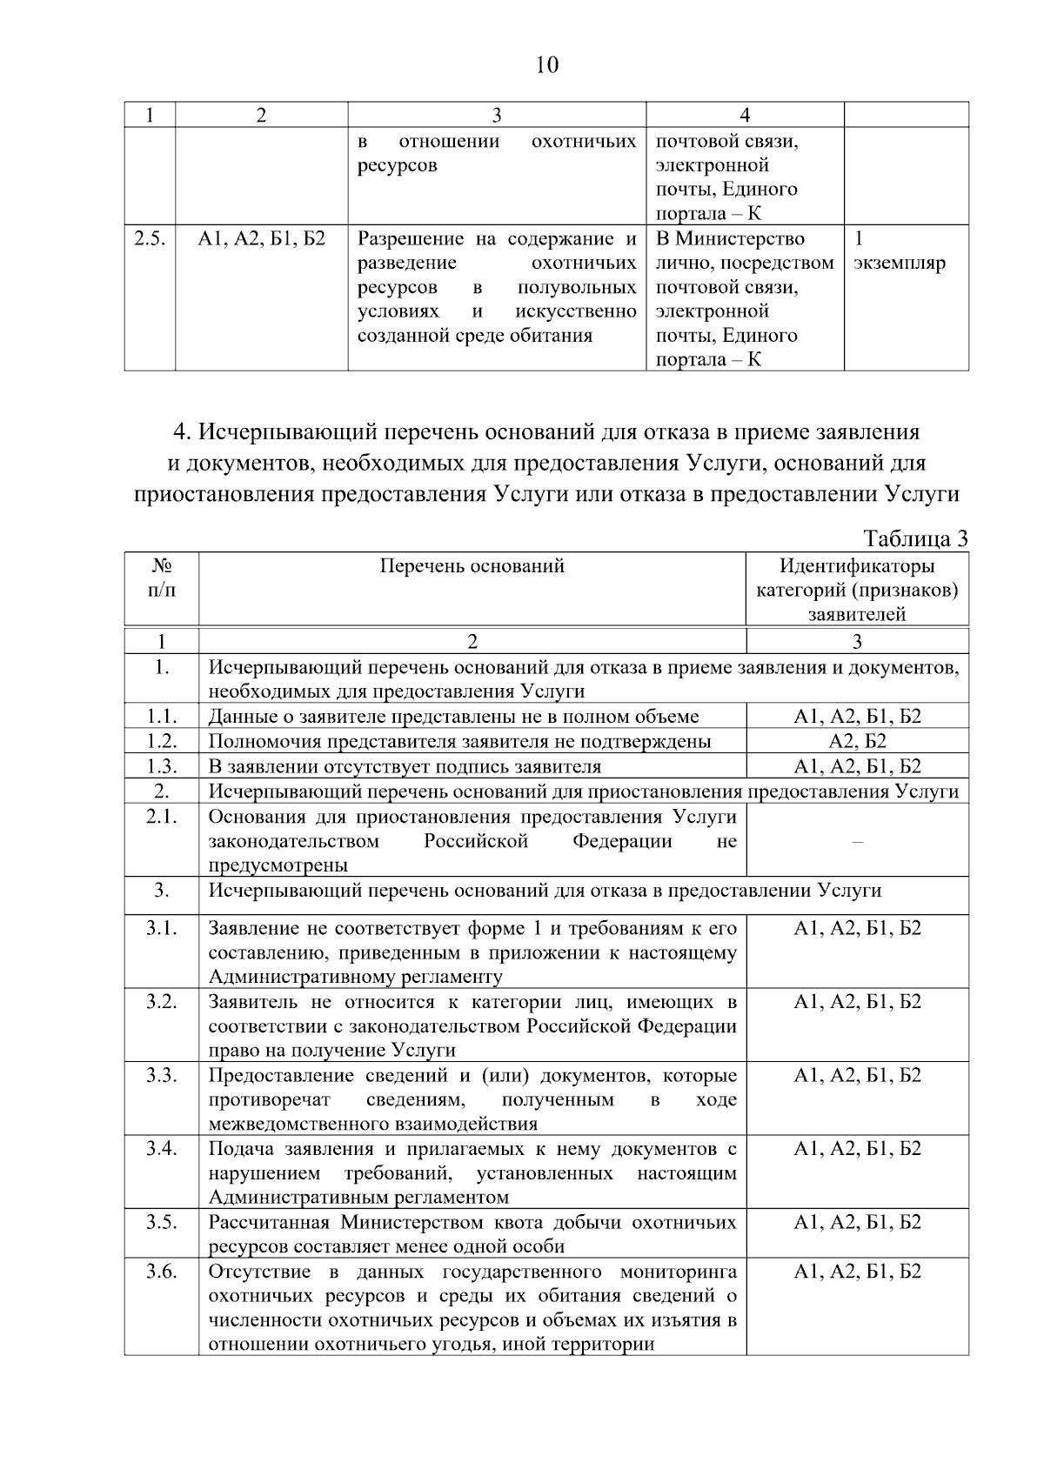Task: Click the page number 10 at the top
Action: click(547, 65)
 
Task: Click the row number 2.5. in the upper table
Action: click(150, 238)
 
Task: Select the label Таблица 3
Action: click(916, 538)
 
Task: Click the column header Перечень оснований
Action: click(472, 566)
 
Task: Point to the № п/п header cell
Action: click(161, 578)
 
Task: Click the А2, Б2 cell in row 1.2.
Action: click(857, 741)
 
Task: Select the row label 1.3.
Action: click(161, 766)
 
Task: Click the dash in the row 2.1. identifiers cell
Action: click(857, 841)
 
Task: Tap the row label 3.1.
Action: click(161, 928)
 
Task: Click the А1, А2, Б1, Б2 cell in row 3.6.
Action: click(857, 1272)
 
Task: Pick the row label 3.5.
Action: click(161, 1222)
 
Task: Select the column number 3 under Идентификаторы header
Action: click(857, 642)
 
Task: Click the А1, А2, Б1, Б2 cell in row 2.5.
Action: click(261, 238)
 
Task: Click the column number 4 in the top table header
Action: click(744, 115)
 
